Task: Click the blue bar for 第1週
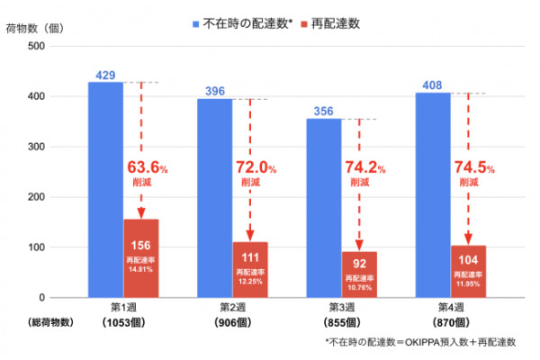tap(105, 189)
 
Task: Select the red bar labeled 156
tap(140, 258)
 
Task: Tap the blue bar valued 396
tap(215, 198)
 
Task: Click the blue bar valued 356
tap(324, 208)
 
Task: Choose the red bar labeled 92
tap(359, 274)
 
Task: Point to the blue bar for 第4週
tap(433, 194)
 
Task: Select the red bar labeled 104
tap(468, 271)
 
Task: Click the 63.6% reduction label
tap(147, 169)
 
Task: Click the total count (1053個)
tap(122, 322)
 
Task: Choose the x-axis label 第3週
tap(342, 307)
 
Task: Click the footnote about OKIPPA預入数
tap(419, 343)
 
